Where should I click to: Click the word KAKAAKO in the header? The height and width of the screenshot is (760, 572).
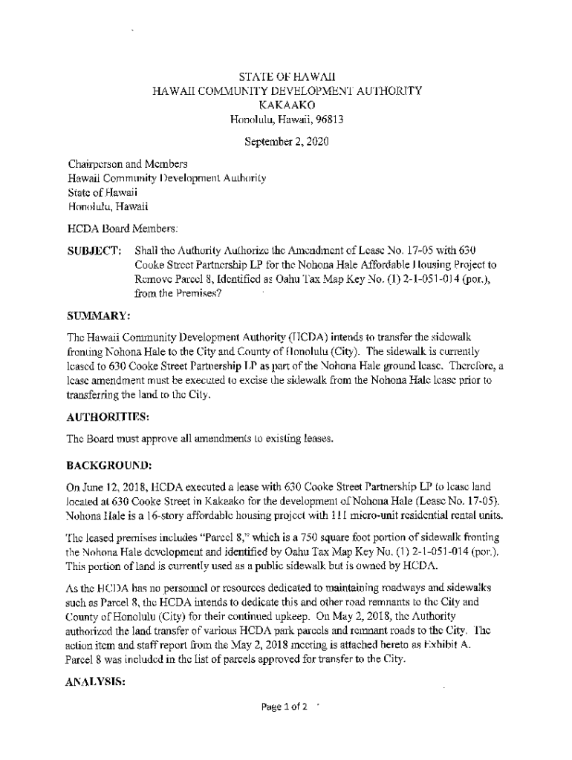point(287,105)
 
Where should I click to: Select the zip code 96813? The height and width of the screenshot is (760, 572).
point(328,119)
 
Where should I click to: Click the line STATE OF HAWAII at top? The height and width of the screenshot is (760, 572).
point(287,76)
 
